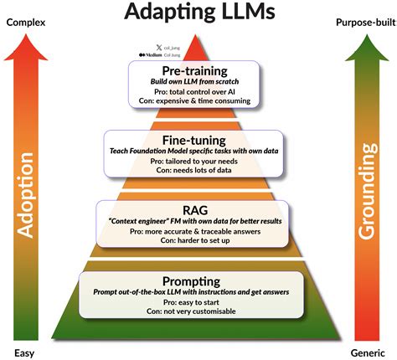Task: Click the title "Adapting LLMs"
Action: point(198,14)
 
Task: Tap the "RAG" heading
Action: point(198,209)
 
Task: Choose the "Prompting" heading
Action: point(198,280)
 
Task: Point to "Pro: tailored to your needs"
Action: point(198,161)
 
